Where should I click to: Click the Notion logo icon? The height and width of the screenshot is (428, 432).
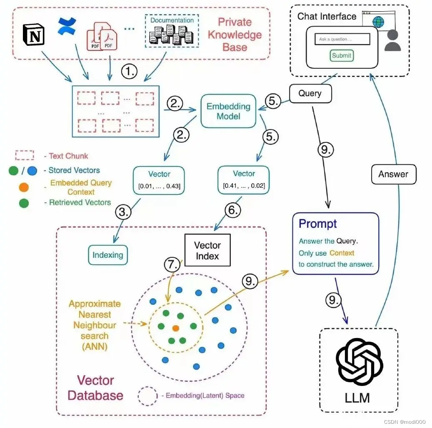(33, 35)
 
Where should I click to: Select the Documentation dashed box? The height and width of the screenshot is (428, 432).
(172, 30)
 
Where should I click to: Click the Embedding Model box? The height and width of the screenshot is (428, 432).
(228, 111)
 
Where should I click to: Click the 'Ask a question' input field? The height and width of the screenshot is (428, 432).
(342, 40)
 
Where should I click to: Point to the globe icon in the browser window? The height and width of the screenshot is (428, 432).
(379, 22)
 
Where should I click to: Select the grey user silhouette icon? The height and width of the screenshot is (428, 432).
(392, 40)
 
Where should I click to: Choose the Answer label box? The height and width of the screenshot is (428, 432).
(393, 174)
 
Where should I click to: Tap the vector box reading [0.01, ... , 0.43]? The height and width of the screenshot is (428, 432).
(159, 180)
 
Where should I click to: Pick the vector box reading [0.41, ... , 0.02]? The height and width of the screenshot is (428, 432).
(244, 180)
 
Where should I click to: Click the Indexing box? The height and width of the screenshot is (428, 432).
(107, 255)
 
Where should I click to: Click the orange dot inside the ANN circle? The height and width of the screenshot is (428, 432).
(176, 328)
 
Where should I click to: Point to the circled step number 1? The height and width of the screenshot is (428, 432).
(129, 72)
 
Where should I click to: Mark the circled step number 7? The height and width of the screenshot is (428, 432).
(173, 264)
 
